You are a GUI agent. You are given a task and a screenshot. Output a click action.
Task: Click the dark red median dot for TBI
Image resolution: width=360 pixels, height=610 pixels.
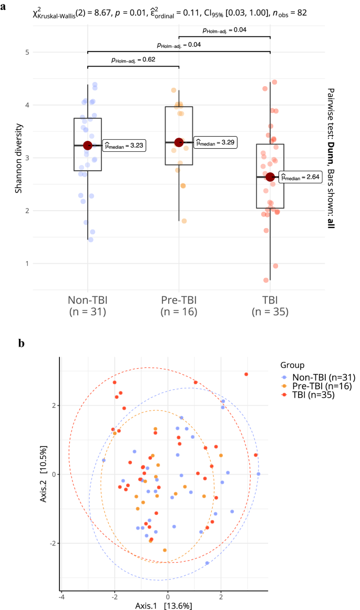coord(270,177)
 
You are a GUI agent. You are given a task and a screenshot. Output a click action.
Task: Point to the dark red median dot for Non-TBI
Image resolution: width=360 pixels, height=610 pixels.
coord(88,146)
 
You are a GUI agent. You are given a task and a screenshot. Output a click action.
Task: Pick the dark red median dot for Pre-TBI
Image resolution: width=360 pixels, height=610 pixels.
coord(179,142)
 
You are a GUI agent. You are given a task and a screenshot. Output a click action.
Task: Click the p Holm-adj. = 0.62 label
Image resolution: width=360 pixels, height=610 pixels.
coord(133,60)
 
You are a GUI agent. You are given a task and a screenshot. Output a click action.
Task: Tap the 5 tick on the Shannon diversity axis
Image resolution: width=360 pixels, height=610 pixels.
coord(26,52)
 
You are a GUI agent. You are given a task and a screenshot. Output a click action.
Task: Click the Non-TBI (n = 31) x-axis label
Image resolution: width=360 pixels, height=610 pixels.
coord(88,306)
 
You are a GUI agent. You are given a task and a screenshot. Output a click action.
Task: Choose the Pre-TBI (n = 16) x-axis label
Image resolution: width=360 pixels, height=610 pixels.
coord(179,306)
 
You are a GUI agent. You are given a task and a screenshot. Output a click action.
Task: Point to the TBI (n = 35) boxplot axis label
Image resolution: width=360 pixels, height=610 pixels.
coord(270,306)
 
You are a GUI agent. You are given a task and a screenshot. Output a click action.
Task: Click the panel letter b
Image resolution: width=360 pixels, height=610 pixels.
coord(21,344)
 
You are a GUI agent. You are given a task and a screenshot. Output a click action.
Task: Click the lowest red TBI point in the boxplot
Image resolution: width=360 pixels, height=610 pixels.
coord(266,280)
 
